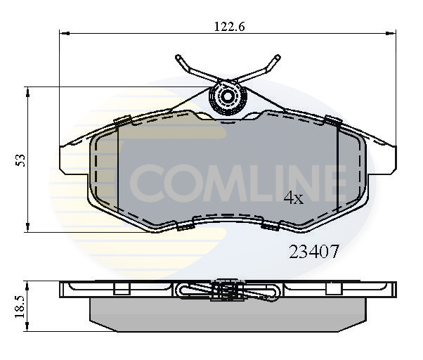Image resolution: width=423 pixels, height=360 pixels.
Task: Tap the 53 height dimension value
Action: tap(21, 160)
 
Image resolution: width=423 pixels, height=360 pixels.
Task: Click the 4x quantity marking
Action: tap(293, 198)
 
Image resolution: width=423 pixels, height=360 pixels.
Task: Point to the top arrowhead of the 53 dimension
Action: tap(28, 90)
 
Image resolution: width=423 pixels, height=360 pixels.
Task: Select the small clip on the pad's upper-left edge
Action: tap(120, 120)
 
